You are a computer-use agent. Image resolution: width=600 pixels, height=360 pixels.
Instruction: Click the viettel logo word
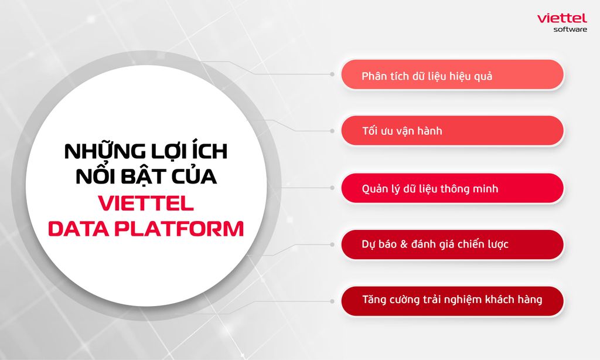coord(562,18)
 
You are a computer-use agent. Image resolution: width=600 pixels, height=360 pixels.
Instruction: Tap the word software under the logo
coord(570,29)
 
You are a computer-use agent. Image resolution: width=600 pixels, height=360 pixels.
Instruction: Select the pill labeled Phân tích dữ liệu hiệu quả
coord(452,74)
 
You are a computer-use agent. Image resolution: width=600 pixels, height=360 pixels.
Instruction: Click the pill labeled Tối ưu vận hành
coord(452,131)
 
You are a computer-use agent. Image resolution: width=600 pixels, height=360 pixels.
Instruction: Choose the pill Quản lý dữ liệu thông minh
coord(452,188)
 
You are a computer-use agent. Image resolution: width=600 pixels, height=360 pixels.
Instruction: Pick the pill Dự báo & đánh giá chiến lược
coord(452,244)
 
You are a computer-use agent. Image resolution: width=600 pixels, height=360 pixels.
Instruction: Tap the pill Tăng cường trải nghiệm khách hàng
coord(452,301)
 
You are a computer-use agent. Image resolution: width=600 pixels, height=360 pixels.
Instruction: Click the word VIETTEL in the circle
coord(146,203)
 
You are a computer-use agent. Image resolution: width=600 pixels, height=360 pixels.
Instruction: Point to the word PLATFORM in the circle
coord(179,229)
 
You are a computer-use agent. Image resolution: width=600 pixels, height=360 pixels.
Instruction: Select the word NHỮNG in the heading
coord(105,150)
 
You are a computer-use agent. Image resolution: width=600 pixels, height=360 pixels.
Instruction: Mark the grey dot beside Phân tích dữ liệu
coord(332,74)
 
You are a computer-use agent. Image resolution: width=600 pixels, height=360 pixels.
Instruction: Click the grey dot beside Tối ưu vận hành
coord(332,131)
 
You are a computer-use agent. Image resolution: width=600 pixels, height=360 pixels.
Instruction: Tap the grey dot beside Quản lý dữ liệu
coord(332,188)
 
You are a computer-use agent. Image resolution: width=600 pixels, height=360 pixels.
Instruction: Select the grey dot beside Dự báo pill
coord(332,244)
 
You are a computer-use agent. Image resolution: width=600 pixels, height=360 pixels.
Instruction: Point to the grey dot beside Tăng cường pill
coord(332,301)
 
